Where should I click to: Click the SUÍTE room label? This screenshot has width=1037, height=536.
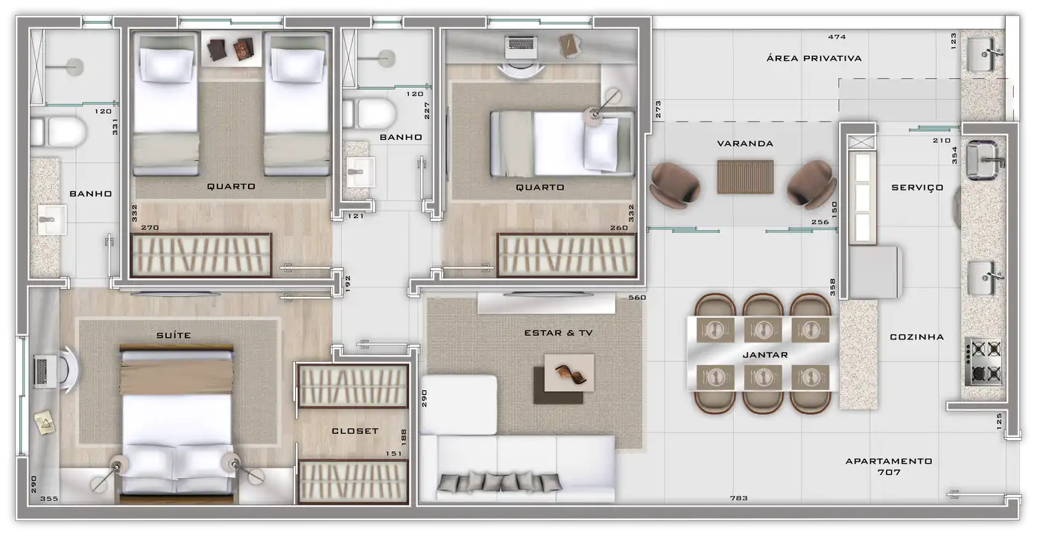coord(173,335)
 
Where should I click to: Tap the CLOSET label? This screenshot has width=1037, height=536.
coord(355,431)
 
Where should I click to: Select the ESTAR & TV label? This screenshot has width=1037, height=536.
coord(558,333)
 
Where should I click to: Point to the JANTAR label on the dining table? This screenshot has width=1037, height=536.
coord(765,355)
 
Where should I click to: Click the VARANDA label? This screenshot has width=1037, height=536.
coord(745,144)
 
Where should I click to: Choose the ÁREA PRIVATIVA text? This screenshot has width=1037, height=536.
coord(814,58)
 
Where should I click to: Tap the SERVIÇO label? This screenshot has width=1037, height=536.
coord(917,188)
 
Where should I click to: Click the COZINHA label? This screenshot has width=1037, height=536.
coord(916,337)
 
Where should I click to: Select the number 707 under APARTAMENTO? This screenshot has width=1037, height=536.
coord(889,472)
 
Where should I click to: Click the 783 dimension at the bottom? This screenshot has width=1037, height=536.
coord(739,498)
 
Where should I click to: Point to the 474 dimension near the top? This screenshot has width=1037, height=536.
coord(837,36)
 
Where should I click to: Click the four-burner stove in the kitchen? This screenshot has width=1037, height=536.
coord(984,361)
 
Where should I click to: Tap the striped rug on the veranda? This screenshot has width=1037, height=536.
coord(745,176)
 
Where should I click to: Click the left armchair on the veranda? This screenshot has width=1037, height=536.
coord(674,185)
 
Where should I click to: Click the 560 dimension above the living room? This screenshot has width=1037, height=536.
coord(637,297)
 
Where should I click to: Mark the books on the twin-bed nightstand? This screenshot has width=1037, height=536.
coord(231,49)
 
